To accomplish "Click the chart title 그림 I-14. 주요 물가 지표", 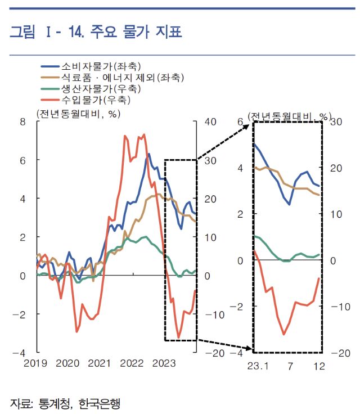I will coord(96,33).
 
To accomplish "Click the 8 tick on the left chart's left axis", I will coord(23,121).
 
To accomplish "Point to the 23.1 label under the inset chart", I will coord(258,366).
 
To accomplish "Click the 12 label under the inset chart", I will coord(319,366).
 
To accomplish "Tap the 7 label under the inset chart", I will coord(290,366).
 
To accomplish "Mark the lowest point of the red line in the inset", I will coord(283,334).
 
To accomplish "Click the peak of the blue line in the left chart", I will coord(148,154).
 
